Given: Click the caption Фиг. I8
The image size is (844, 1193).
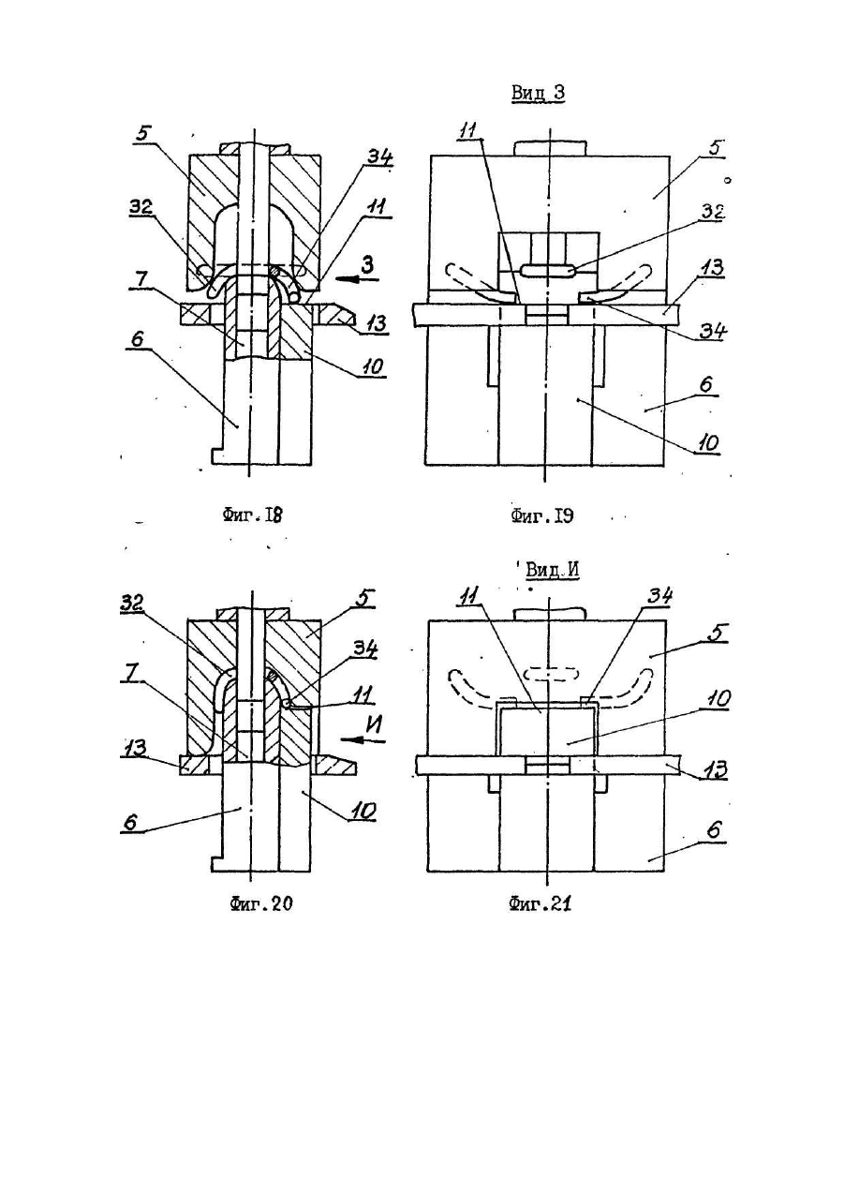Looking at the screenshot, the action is pos(251,516).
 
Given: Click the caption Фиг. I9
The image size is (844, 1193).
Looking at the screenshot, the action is pos(542,516).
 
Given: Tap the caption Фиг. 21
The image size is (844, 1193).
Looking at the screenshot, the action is pos(540,903).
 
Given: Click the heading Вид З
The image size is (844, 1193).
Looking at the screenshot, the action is pos(538,93).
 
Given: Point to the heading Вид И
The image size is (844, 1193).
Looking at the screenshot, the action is pos(552,571).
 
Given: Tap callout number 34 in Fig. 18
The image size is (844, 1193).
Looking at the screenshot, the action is pos(378,157).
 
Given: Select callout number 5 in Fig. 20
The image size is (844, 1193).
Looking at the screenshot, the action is pos(367,600).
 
